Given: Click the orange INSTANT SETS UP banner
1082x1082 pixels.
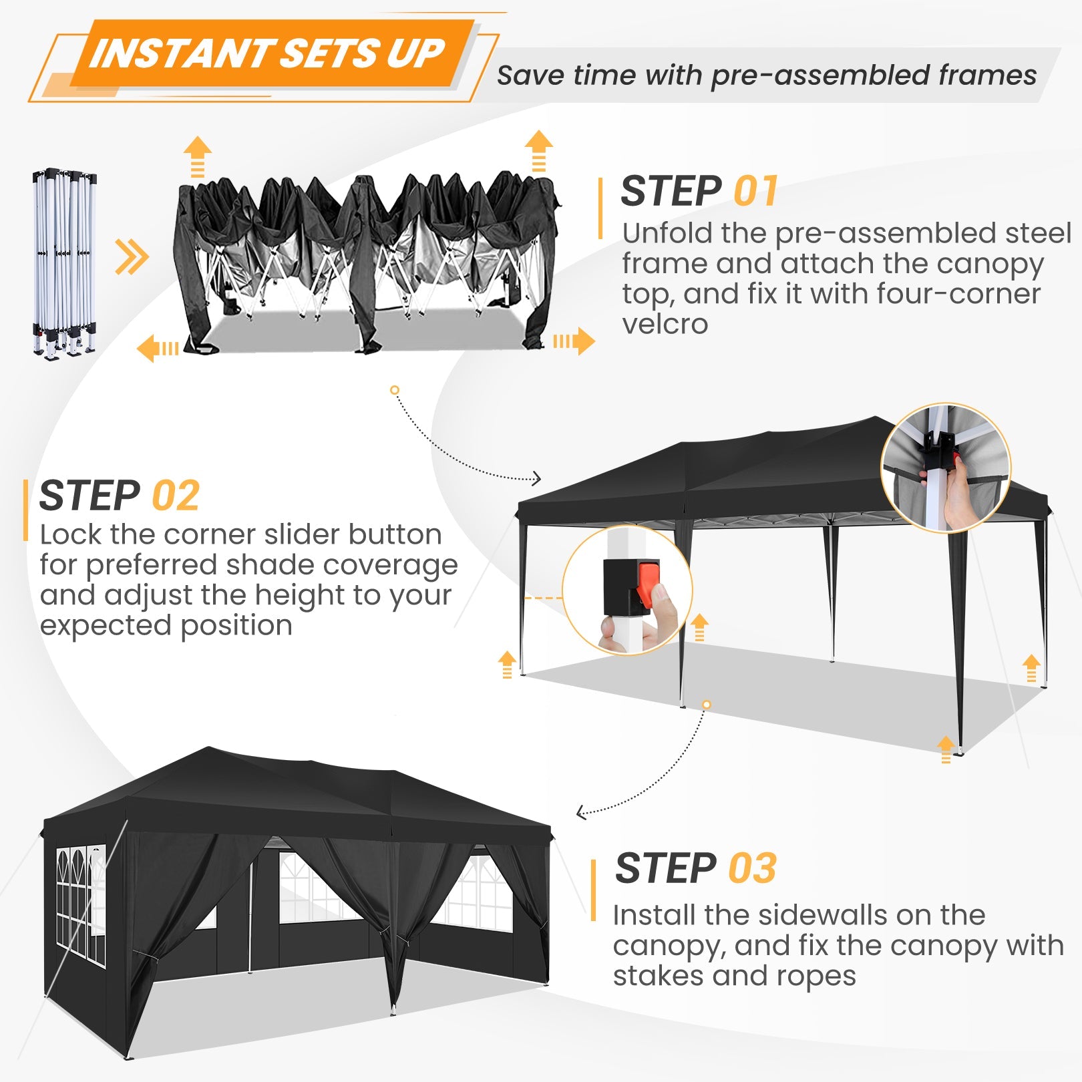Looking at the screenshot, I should tap(267, 53).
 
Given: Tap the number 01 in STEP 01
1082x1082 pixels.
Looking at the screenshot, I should tap(755, 192).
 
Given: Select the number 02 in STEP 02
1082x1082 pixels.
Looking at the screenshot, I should tap(176, 496).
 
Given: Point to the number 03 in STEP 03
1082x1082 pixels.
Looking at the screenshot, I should tap(752, 868).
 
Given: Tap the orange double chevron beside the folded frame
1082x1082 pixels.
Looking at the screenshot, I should tap(132, 256).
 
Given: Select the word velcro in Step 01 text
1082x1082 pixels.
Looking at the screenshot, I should tap(665, 325).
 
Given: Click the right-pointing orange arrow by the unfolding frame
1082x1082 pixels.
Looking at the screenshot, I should tap(574, 341).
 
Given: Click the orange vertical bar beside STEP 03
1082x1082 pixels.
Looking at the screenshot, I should tap(593, 890).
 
